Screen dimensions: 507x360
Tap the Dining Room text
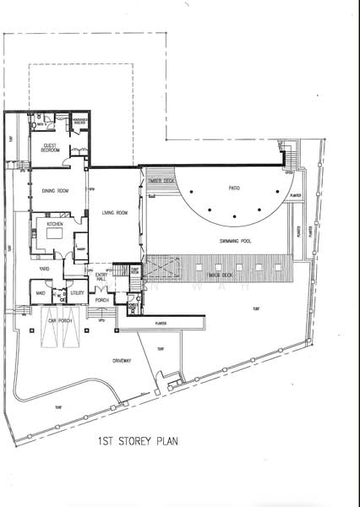[x=55, y=191]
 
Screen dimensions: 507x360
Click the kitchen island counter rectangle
[x=55, y=240]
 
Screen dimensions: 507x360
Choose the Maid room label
[x=40, y=293]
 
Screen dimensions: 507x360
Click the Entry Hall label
[x=101, y=277]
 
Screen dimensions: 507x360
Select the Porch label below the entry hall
[x=103, y=300]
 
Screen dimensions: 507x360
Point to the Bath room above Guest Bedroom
[x=40, y=123]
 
